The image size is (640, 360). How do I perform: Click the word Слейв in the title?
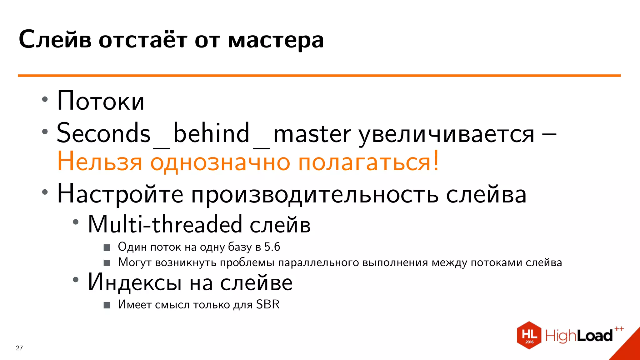click(55, 40)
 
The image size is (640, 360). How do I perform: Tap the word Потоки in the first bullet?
click(101, 101)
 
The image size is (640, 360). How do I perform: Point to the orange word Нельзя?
click(100, 162)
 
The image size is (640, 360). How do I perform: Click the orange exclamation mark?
click(436, 161)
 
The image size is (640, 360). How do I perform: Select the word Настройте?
click(120, 194)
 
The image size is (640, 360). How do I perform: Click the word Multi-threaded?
click(165, 224)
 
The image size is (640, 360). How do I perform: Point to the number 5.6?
click(272, 247)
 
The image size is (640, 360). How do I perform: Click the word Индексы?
click(135, 282)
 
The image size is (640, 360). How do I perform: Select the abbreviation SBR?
click(268, 304)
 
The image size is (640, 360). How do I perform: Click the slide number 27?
click(19, 348)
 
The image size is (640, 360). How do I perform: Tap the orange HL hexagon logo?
click(529, 335)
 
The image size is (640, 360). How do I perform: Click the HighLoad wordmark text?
click(579, 336)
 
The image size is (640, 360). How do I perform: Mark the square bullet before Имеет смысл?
click(107, 305)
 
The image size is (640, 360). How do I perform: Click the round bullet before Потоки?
click(45, 100)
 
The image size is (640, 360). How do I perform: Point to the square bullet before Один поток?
click(107, 247)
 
